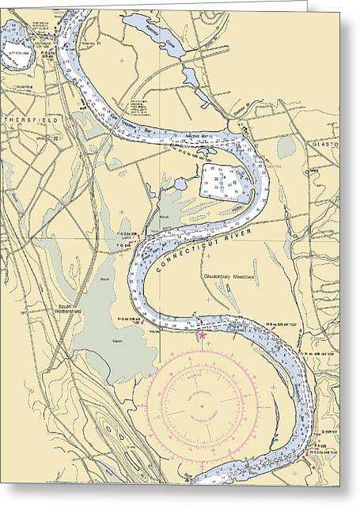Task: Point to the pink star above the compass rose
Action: (x=202, y=335)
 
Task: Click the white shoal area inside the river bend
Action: (x=223, y=182)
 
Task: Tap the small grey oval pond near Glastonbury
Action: (x=285, y=147)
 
